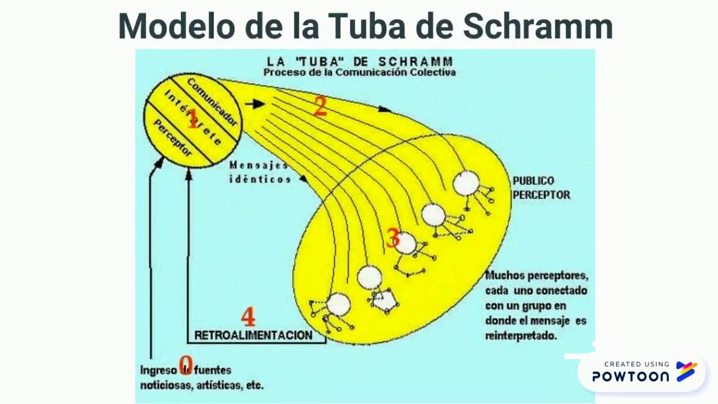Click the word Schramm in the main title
pos(538,26)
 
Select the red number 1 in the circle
pos(192,119)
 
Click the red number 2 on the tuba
pos(320,106)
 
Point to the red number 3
pos(393,238)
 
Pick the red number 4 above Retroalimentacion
pos(248,317)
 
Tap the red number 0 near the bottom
pos(186,365)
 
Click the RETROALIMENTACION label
pos(253,335)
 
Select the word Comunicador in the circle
pos(212,102)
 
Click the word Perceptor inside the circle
pos(173,138)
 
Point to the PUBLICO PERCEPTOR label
pos(541,188)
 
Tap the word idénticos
pos(260,180)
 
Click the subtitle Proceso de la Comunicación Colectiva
pos(360,72)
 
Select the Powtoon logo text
pos(630,377)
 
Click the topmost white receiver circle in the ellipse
pos(466,183)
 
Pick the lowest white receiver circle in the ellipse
pos(338,304)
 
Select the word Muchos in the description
pos(503,276)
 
